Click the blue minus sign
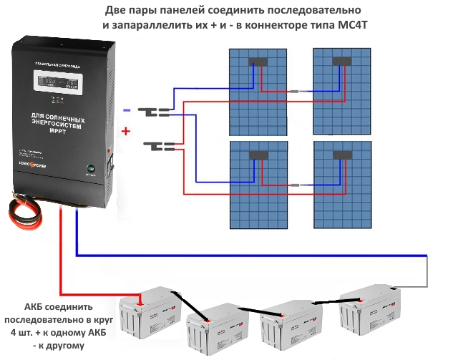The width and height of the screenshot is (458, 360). coord(127,110)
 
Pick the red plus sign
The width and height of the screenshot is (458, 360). coord(127,132)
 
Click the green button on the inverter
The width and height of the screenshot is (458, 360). coord(91,170)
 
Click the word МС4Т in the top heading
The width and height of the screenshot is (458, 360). coord(354,25)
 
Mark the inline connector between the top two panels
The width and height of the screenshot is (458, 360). coord(301,92)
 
